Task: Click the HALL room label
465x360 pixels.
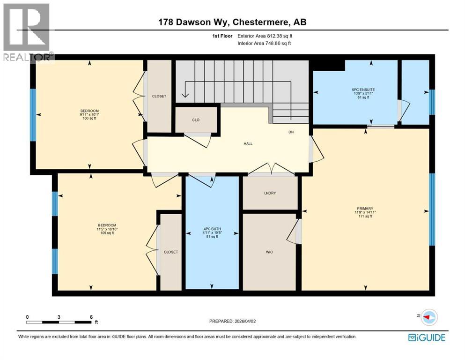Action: [x=248, y=143]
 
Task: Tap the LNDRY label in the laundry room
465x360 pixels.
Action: [x=269, y=193]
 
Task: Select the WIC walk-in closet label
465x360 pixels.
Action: [x=269, y=252]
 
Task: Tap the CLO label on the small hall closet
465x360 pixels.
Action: [x=196, y=120]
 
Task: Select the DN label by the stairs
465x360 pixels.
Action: [x=291, y=133]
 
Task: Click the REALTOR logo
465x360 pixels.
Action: [x=27, y=31]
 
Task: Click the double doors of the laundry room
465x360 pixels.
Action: [x=271, y=169]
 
